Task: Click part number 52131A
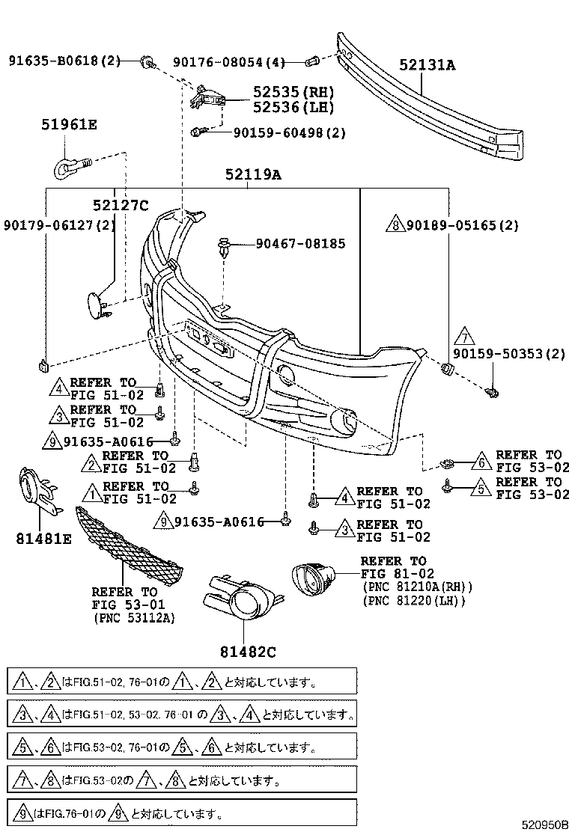pyautogui.click(x=427, y=66)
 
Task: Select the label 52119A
pyautogui.click(x=253, y=176)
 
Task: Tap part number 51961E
pyautogui.click(x=69, y=125)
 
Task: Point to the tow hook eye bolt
pyautogui.click(x=70, y=166)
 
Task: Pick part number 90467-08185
pyautogui.click(x=300, y=243)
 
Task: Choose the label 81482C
pyautogui.click(x=248, y=652)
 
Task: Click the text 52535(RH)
pyautogui.click(x=293, y=92)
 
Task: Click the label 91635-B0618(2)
pyautogui.click(x=64, y=60)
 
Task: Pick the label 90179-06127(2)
pyautogui.click(x=60, y=224)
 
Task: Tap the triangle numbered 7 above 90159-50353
pyautogui.click(x=463, y=335)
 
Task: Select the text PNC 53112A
pyautogui.click(x=133, y=618)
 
